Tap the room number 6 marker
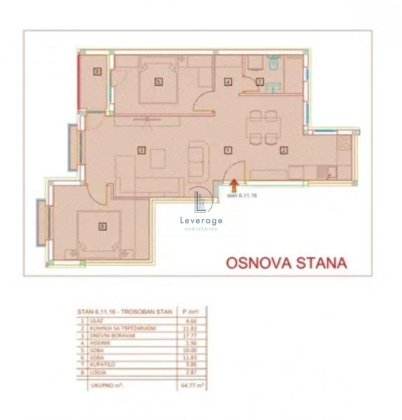[102, 226]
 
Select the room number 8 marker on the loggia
[96, 71]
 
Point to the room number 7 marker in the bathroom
[259, 82]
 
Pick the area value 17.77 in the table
[193, 336]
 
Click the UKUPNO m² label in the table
[98, 385]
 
